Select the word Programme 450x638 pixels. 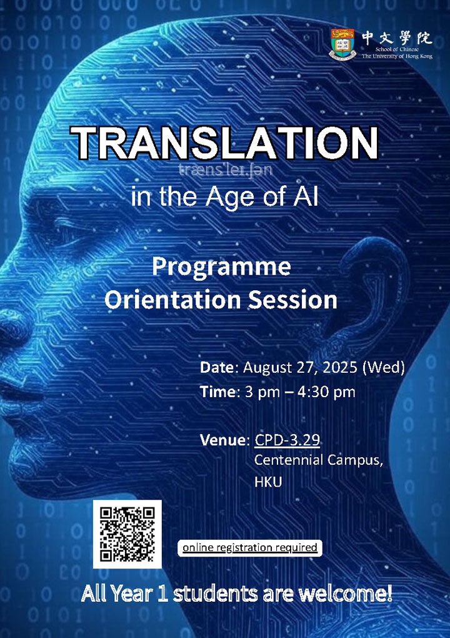click(221, 267)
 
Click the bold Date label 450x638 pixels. click(216, 367)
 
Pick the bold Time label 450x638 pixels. click(216, 392)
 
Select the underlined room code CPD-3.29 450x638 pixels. click(287, 440)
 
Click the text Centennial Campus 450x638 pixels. click(318, 460)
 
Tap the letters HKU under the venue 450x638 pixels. click(268, 482)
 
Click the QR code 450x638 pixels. click(127, 534)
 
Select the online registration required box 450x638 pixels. click(249, 548)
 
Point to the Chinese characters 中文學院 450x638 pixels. click(396, 37)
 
